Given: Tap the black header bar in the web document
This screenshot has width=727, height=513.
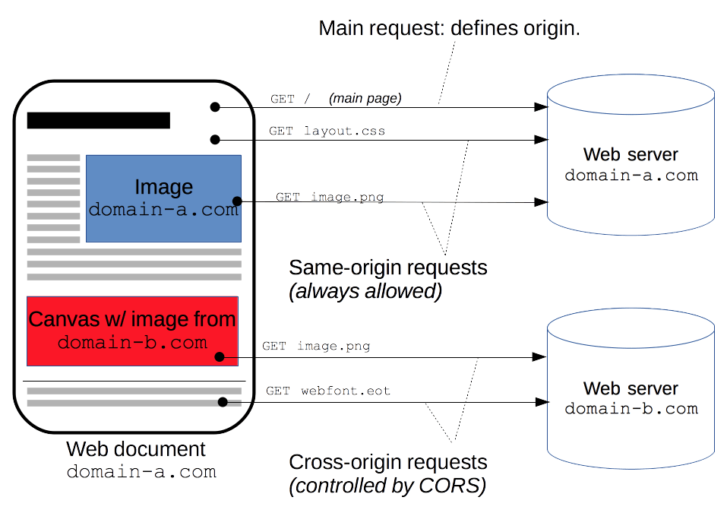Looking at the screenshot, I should click(x=99, y=120).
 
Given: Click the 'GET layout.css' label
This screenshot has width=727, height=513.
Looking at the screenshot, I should click(x=327, y=131).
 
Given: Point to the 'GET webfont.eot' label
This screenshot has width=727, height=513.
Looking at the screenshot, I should click(x=327, y=391).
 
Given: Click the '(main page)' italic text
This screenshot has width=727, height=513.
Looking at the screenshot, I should click(x=365, y=98).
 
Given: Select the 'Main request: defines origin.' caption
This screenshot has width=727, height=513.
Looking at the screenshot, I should click(x=449, y=29).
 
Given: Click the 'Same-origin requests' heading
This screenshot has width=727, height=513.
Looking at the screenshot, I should click(x=387, y=268).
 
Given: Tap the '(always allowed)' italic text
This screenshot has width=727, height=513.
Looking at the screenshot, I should click(x=365, y=290).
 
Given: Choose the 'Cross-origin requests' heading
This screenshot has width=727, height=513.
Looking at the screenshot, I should click(x=388, y=462).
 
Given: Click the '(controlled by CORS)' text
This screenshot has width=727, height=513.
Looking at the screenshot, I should click(x=387, y=486).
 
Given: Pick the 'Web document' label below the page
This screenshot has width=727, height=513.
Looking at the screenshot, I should click(x=136, y=448).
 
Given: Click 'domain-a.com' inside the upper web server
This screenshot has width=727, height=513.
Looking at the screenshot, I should click(x=631, y=176).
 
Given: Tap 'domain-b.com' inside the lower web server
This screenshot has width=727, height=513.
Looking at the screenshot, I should click(x=631, y=409).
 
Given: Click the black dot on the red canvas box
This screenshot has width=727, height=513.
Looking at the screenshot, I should click(x=220, y=356).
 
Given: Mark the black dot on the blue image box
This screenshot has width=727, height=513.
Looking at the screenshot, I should click(x=237, y=201).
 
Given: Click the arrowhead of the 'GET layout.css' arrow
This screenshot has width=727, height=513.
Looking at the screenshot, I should click(x=541, y=140).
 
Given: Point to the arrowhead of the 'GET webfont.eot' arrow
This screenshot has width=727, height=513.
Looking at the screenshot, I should click(x=541, y=401).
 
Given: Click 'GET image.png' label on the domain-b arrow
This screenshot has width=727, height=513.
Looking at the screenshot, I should click(x=316, y=346).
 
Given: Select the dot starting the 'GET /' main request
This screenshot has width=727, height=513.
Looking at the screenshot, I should click(x=216, y=107).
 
